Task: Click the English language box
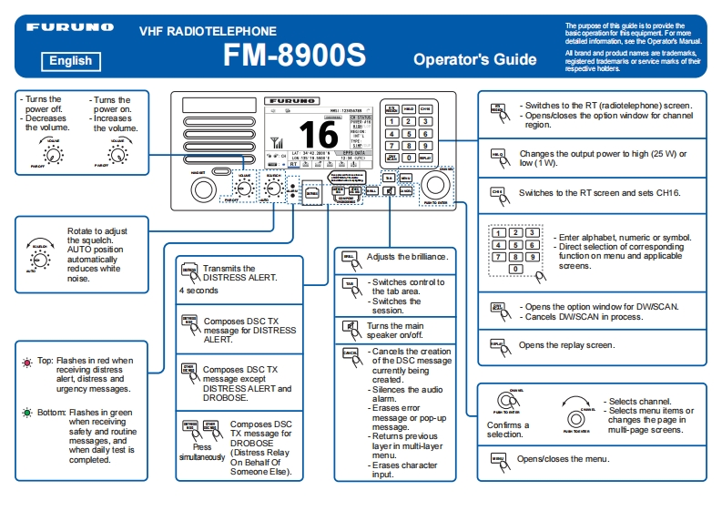[70, 61]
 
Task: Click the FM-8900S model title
[294, 55]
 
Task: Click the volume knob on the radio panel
[243, 189]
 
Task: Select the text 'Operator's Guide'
[474, 59]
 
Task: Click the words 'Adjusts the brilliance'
[407, 257]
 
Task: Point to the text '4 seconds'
[198, 291]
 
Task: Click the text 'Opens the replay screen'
[566, 345]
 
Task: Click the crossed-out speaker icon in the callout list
[349, 327]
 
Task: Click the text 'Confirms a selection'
[507, 429]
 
